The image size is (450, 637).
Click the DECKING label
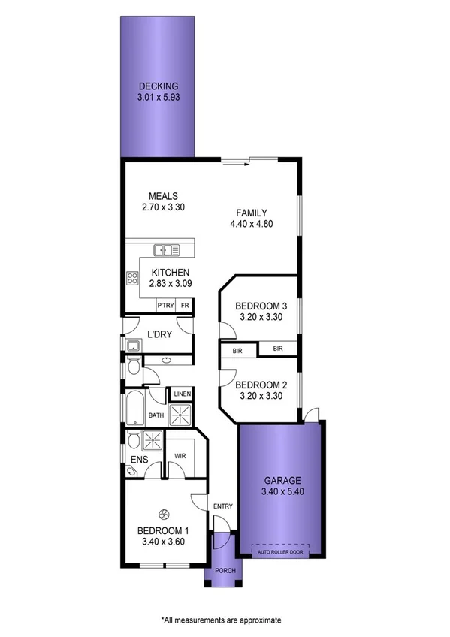158,86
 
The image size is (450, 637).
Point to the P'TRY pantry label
165,306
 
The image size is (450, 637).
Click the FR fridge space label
184,306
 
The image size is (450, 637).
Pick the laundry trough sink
132,346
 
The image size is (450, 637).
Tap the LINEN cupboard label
183,394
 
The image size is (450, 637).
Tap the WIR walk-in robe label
180,456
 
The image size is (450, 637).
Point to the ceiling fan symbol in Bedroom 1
163,515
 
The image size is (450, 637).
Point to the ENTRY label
223,506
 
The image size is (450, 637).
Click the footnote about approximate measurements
220,620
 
